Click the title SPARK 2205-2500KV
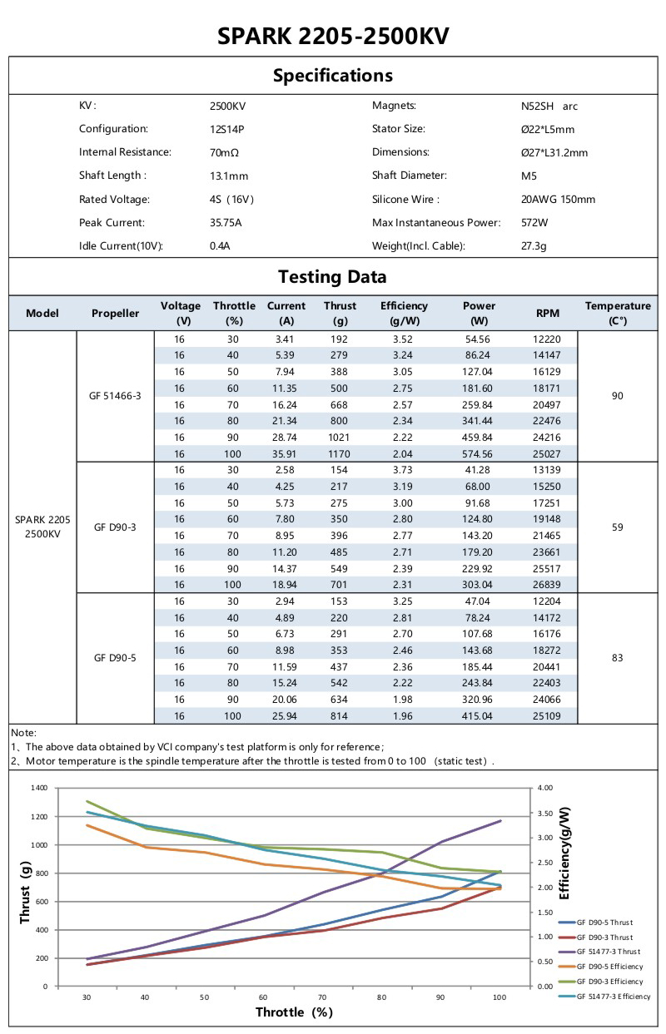click(333, 36)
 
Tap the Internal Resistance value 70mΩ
click(225, 153)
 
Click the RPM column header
click(548, 313)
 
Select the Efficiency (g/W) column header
click(404, 313)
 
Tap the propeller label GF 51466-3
click(115, 396)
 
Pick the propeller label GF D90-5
click(115, 657)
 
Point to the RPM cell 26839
click(548, 585)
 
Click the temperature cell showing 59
click(617, 527)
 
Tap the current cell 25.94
click(286, 716)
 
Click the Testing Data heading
click(332, 277)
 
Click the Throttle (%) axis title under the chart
click(294, 1012)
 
